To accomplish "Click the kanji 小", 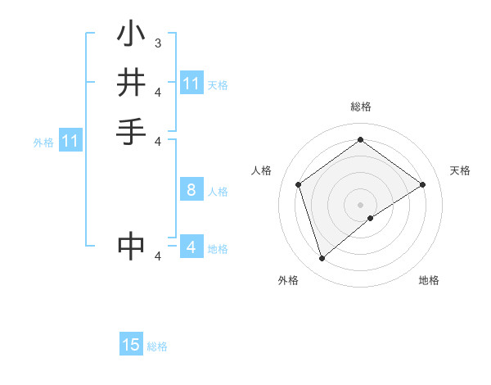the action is pyautogui.click(x=132, y=35).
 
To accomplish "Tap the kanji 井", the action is pyautogui.click(x=132, y=84).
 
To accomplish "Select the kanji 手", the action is pyautogui.click(x=132, y=131).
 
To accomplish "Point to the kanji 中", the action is pyautogui.click(x=132, y=246).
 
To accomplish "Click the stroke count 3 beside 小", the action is pyautogui.click(x=158, y=43).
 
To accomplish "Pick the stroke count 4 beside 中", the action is pyautogui.click(x=158, y=257).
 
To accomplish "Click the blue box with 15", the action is pyautogui.click(x=131, y=345).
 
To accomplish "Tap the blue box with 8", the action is pyautogui.click(x=191, y=190).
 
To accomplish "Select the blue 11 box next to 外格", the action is pyautogui.click(x=70, y=141).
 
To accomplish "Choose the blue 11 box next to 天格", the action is pyautogui.click(x=191, y=84).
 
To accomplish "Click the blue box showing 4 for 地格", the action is pyautogui.click(x=191, y=247).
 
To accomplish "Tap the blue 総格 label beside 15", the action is pyautogui.click(x=157, y=346).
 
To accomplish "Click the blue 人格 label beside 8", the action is pyautogui.click(x=218, y=192).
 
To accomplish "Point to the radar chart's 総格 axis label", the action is pyautogui.click(x=360, y=106).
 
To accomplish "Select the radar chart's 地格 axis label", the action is pyautogui.click(x=429, y=280).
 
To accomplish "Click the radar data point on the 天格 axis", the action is pyautogui.click(x=422, y=184).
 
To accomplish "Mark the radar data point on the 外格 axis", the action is pyautogui.click(x=322, y=259).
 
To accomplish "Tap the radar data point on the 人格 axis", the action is pyautogui.click(x=298, y=184).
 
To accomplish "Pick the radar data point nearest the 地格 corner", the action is pyautogui.click(x=371, y=218).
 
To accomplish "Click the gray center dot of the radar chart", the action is pyautogui.click(x=360, y=204).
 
